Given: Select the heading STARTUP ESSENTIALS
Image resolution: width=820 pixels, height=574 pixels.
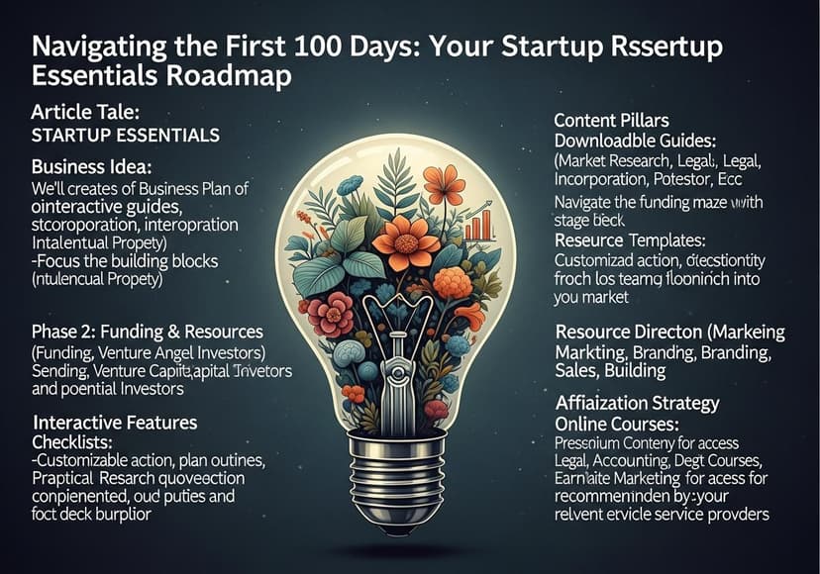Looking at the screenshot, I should coord(125,135).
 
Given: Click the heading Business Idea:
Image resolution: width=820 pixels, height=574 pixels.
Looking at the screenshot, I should coord(90,166).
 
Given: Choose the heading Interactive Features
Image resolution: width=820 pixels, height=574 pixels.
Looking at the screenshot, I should coord(114,423).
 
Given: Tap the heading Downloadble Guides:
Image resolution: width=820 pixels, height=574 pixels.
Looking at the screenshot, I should coord(643,142).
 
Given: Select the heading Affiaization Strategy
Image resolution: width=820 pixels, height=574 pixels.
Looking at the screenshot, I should coord(651,404).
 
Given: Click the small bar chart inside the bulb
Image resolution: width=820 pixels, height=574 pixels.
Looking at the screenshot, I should coord(479,227).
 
